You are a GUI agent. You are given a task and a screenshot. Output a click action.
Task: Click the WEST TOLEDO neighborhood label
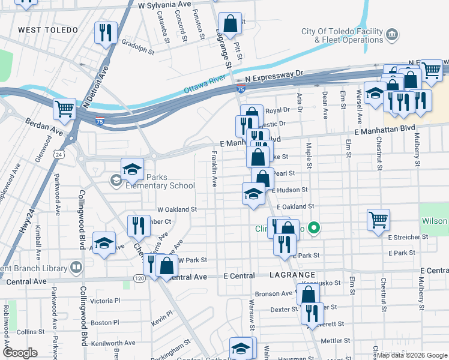click(48, 30)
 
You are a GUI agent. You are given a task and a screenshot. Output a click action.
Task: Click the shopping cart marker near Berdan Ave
click(65, 109)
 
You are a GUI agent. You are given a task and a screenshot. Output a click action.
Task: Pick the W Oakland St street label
click(177, 210)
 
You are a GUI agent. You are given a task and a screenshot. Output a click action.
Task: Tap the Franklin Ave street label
click(214, 169)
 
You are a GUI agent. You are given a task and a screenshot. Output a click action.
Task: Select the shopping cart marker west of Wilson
click(378, 220)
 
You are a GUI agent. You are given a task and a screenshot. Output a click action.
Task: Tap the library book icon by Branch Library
click(76, 266)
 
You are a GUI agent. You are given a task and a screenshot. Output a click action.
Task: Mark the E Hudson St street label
click(289, 190)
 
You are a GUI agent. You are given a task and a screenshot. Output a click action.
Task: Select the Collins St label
click(27, 332)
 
